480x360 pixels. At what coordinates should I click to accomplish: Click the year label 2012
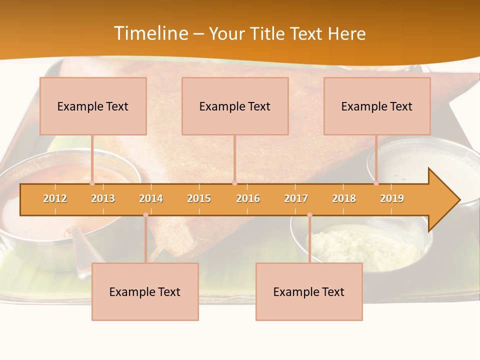(x=55, y=198)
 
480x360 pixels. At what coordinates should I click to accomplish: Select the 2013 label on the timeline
(x=103, y=198)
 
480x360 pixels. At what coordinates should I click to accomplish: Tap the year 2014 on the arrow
(x=151, y=198)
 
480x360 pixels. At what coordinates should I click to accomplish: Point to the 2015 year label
(x=199, y=198)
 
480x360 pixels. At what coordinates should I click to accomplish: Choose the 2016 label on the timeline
(x=248, y=198)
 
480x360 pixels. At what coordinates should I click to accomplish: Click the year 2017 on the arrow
(x=296, y=198)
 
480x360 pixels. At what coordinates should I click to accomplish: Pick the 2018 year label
(x=344, y=198)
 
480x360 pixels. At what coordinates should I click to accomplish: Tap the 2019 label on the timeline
(x=392, y=198)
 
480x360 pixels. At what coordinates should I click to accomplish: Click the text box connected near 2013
(x=93, y=106)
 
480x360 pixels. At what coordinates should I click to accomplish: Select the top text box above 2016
(x=235, y=106)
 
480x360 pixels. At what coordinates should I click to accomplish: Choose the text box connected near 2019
(x=377, y=106)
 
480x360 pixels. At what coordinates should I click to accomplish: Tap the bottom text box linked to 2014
(x=145, y=291)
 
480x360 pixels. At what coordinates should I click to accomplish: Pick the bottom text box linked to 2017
(x=309, y=291)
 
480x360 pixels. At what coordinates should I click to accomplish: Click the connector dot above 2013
(x=92, y=183)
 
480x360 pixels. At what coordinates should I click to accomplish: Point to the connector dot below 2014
(x=145, y=215)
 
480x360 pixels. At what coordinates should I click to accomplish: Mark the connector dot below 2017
(x=309, y=215)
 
